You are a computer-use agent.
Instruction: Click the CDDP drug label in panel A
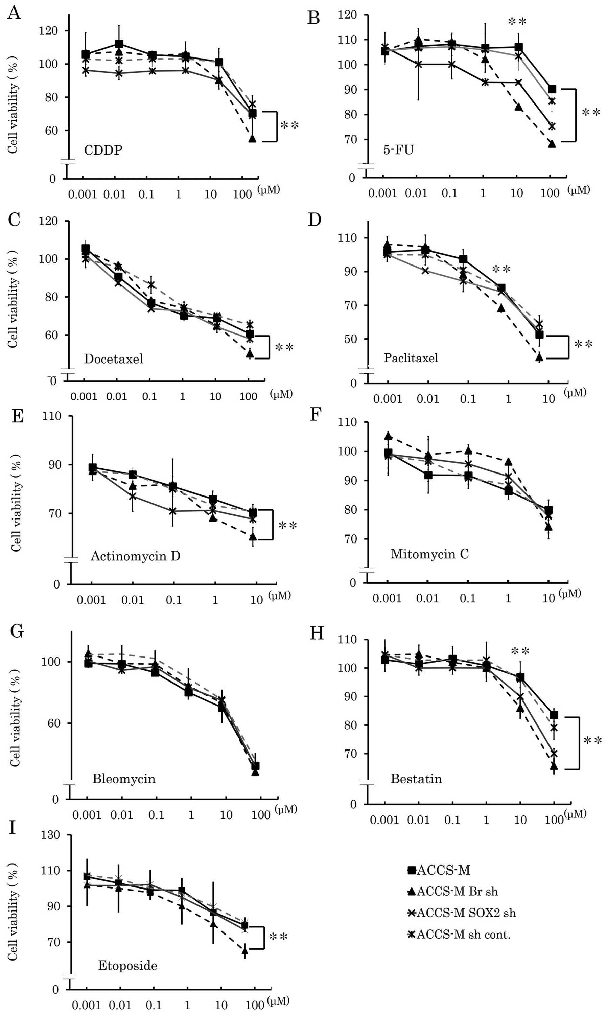pos(103,150)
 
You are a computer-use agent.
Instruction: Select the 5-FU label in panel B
pos(398,150)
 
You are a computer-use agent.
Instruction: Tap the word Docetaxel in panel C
pos(114,359)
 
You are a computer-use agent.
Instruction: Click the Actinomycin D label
pos(135,556)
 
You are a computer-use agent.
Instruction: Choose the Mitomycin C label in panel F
pos(429,554)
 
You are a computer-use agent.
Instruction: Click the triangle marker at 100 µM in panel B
pos(552,144)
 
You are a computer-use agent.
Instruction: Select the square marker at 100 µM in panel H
pos(554,715)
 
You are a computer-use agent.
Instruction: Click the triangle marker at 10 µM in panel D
pos(539,357)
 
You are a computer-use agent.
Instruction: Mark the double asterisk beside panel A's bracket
pos(289,125)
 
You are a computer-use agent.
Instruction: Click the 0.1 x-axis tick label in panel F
pos(468,599)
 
